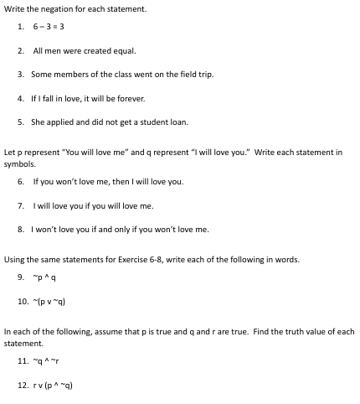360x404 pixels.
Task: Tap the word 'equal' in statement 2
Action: (122, 51)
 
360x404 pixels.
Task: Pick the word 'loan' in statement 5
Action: (178, 122)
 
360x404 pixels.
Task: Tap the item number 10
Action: (23, 300)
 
